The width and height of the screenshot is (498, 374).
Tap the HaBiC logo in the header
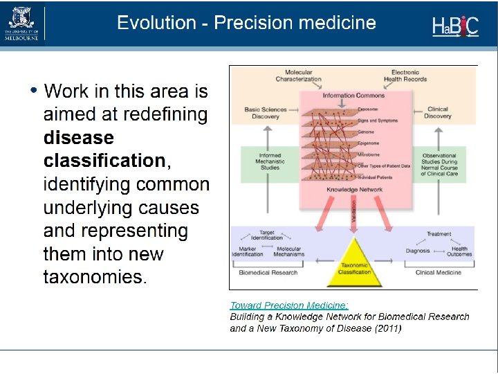click(454, 26)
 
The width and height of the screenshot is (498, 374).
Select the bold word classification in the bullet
click(104, 161)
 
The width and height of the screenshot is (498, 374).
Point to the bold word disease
click(79, 137)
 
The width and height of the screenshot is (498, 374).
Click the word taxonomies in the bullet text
click(94, 277)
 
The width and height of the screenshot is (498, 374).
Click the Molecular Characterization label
click(299, 75)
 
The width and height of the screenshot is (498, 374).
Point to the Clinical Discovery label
click(438, 113)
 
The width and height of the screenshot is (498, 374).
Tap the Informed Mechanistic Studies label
click(270, 161)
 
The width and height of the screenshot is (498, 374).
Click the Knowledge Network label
click(354, 189)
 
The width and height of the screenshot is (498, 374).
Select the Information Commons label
click(353, 96)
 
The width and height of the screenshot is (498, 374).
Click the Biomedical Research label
click(268, 272)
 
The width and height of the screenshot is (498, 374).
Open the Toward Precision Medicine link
click(289, 305)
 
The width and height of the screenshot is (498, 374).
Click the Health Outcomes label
click(459, 251)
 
